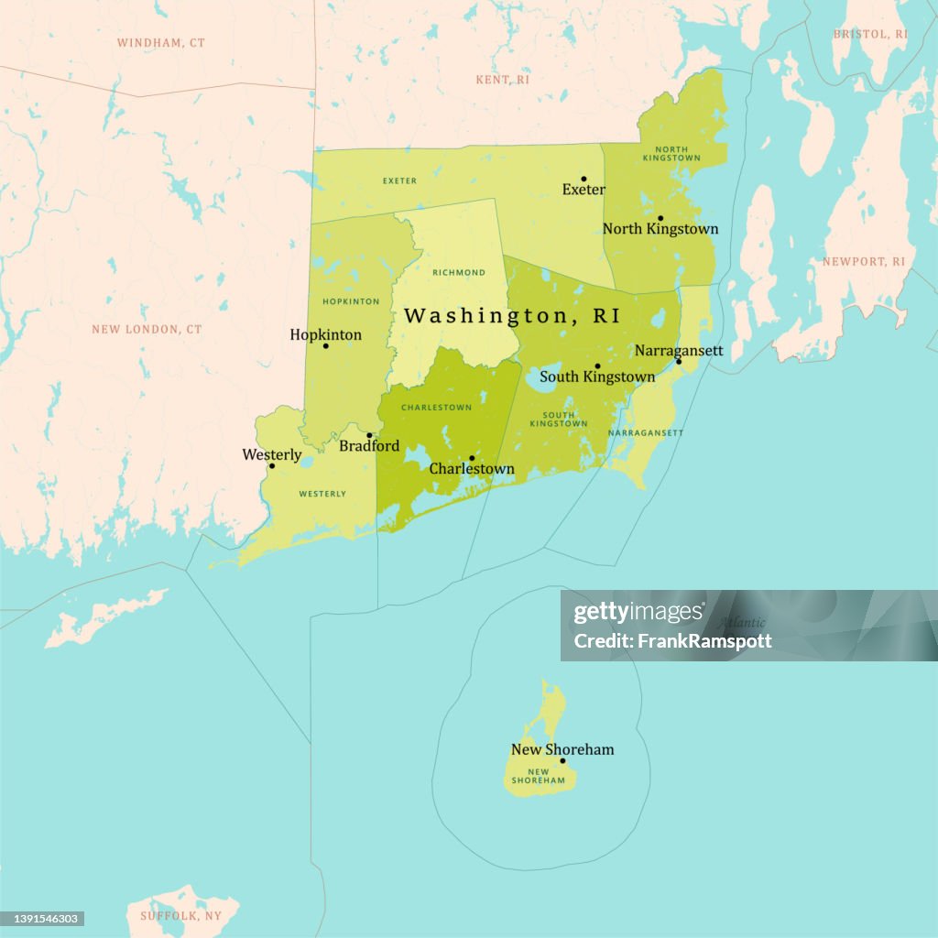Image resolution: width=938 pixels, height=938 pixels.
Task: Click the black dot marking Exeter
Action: tap(584, 180)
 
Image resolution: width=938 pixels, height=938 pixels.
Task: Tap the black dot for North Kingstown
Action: tap(660, 219)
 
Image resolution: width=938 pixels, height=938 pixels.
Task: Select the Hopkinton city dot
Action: tap(325, 345)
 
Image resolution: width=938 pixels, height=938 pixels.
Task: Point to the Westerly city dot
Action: tap(271, 465)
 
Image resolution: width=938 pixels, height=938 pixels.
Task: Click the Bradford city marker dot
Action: tap(369, 435)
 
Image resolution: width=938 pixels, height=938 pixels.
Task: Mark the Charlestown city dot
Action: tap(472, 458)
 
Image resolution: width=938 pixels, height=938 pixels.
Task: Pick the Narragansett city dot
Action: tap(679, 361)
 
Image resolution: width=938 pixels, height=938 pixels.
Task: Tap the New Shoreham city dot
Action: tap(562, 760)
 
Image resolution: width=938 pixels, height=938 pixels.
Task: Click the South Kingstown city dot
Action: tap(597, 365)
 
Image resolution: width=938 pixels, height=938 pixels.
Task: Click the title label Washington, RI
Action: tap(511, 316)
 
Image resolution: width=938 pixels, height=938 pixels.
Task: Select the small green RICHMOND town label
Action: tap(459, 273)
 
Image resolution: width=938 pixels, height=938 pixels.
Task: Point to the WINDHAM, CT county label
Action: tap(160, 43)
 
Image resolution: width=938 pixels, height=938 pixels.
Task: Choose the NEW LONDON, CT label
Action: tap(147, 329)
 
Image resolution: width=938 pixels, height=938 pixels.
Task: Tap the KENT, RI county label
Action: tap(503, 81)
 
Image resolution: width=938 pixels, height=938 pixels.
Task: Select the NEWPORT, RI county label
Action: tap(863, 262)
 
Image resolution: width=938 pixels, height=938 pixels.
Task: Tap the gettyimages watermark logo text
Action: tap(638, 613)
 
